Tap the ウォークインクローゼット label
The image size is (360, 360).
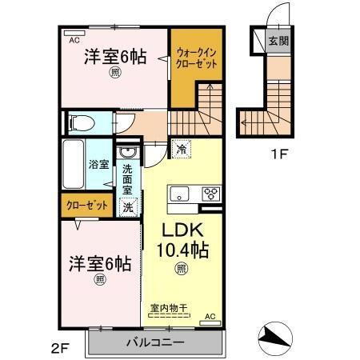coord(196,58)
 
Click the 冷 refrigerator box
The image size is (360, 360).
coord(182,149)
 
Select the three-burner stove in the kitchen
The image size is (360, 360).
coord(211,193)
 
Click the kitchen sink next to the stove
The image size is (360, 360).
coord(180,193)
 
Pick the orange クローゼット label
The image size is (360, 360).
coord(86,206)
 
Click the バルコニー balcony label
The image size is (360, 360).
coord(154,342)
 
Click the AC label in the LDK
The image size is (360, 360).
coord(211,317)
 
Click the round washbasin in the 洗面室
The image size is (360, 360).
coord(126,153)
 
